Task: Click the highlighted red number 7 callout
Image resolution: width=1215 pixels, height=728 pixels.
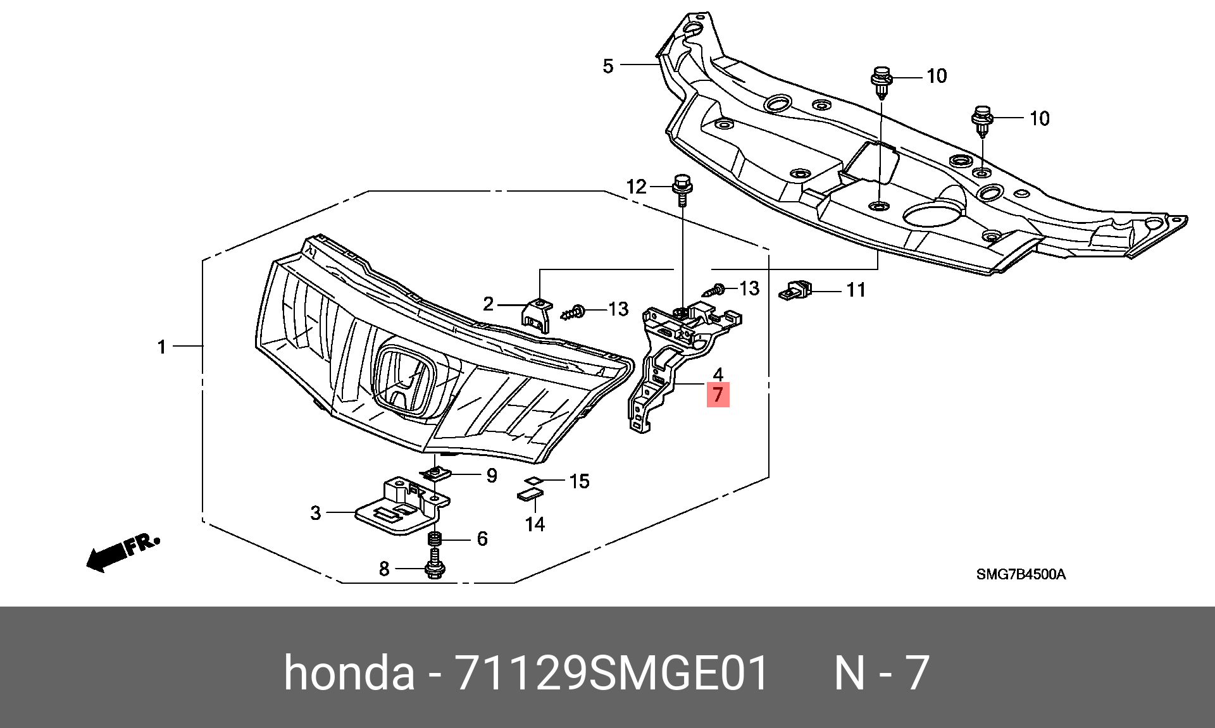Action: pyautogui.click(x=718, y=395)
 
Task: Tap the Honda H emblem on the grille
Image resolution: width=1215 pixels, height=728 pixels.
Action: pyautogui.click(x=405, y=380)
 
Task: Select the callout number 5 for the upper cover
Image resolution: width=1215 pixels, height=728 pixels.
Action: pyautogui.click(x=608, y=66)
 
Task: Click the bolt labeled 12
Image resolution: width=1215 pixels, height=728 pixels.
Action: pyautogui.click(x=682, y=190)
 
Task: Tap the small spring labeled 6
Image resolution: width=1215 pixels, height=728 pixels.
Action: pyautogui.click(x=435, y=539)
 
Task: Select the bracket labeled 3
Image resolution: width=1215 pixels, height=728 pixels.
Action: pyautogui.click(x=402, y=505)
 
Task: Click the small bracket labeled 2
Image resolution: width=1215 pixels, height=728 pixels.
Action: pyautogui.click(x=537, y=316)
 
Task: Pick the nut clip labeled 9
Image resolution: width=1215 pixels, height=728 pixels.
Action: pyautogui.click(x=436, y=473)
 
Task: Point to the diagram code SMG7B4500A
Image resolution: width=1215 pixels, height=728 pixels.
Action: pyautogui.click(x=1021, y=574)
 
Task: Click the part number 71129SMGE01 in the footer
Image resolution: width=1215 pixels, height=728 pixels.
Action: pyautogui.click(x=612, y=672)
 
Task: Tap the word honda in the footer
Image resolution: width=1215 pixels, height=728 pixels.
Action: pyautogui.click(x=349, y=672)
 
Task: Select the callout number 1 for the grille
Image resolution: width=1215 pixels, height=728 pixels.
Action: pyautogui.click(x=162, y=347)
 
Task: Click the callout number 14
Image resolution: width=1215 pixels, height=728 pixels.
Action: pyautogui.click(x=535, y=524)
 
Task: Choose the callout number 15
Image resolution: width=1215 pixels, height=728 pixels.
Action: pyautogui.click(x=579, y=481)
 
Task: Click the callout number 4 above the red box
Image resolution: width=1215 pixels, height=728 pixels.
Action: pyautogui.click(x=718, y=374)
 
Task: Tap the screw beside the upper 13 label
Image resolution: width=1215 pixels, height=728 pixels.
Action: pyautogui.click(x=714, y=290)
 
